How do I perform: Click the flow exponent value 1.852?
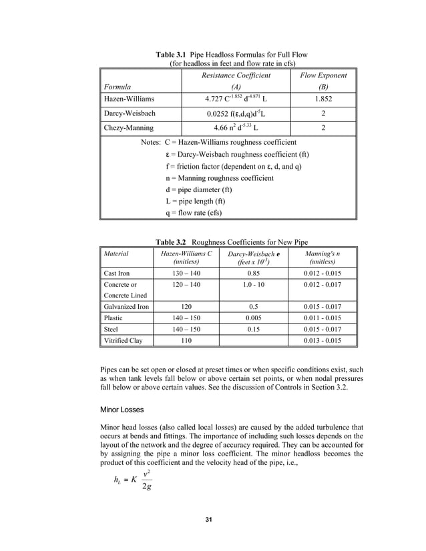(325, 99)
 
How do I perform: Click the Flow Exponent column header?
(325, 75)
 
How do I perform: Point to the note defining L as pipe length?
(198, 202)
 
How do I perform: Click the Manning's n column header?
(323, 258)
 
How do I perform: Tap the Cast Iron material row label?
(118, 273)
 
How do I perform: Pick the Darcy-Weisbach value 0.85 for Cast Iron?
(253, 273)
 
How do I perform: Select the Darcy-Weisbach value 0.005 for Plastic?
(253, 318)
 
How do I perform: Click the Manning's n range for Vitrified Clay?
(323, 341)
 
